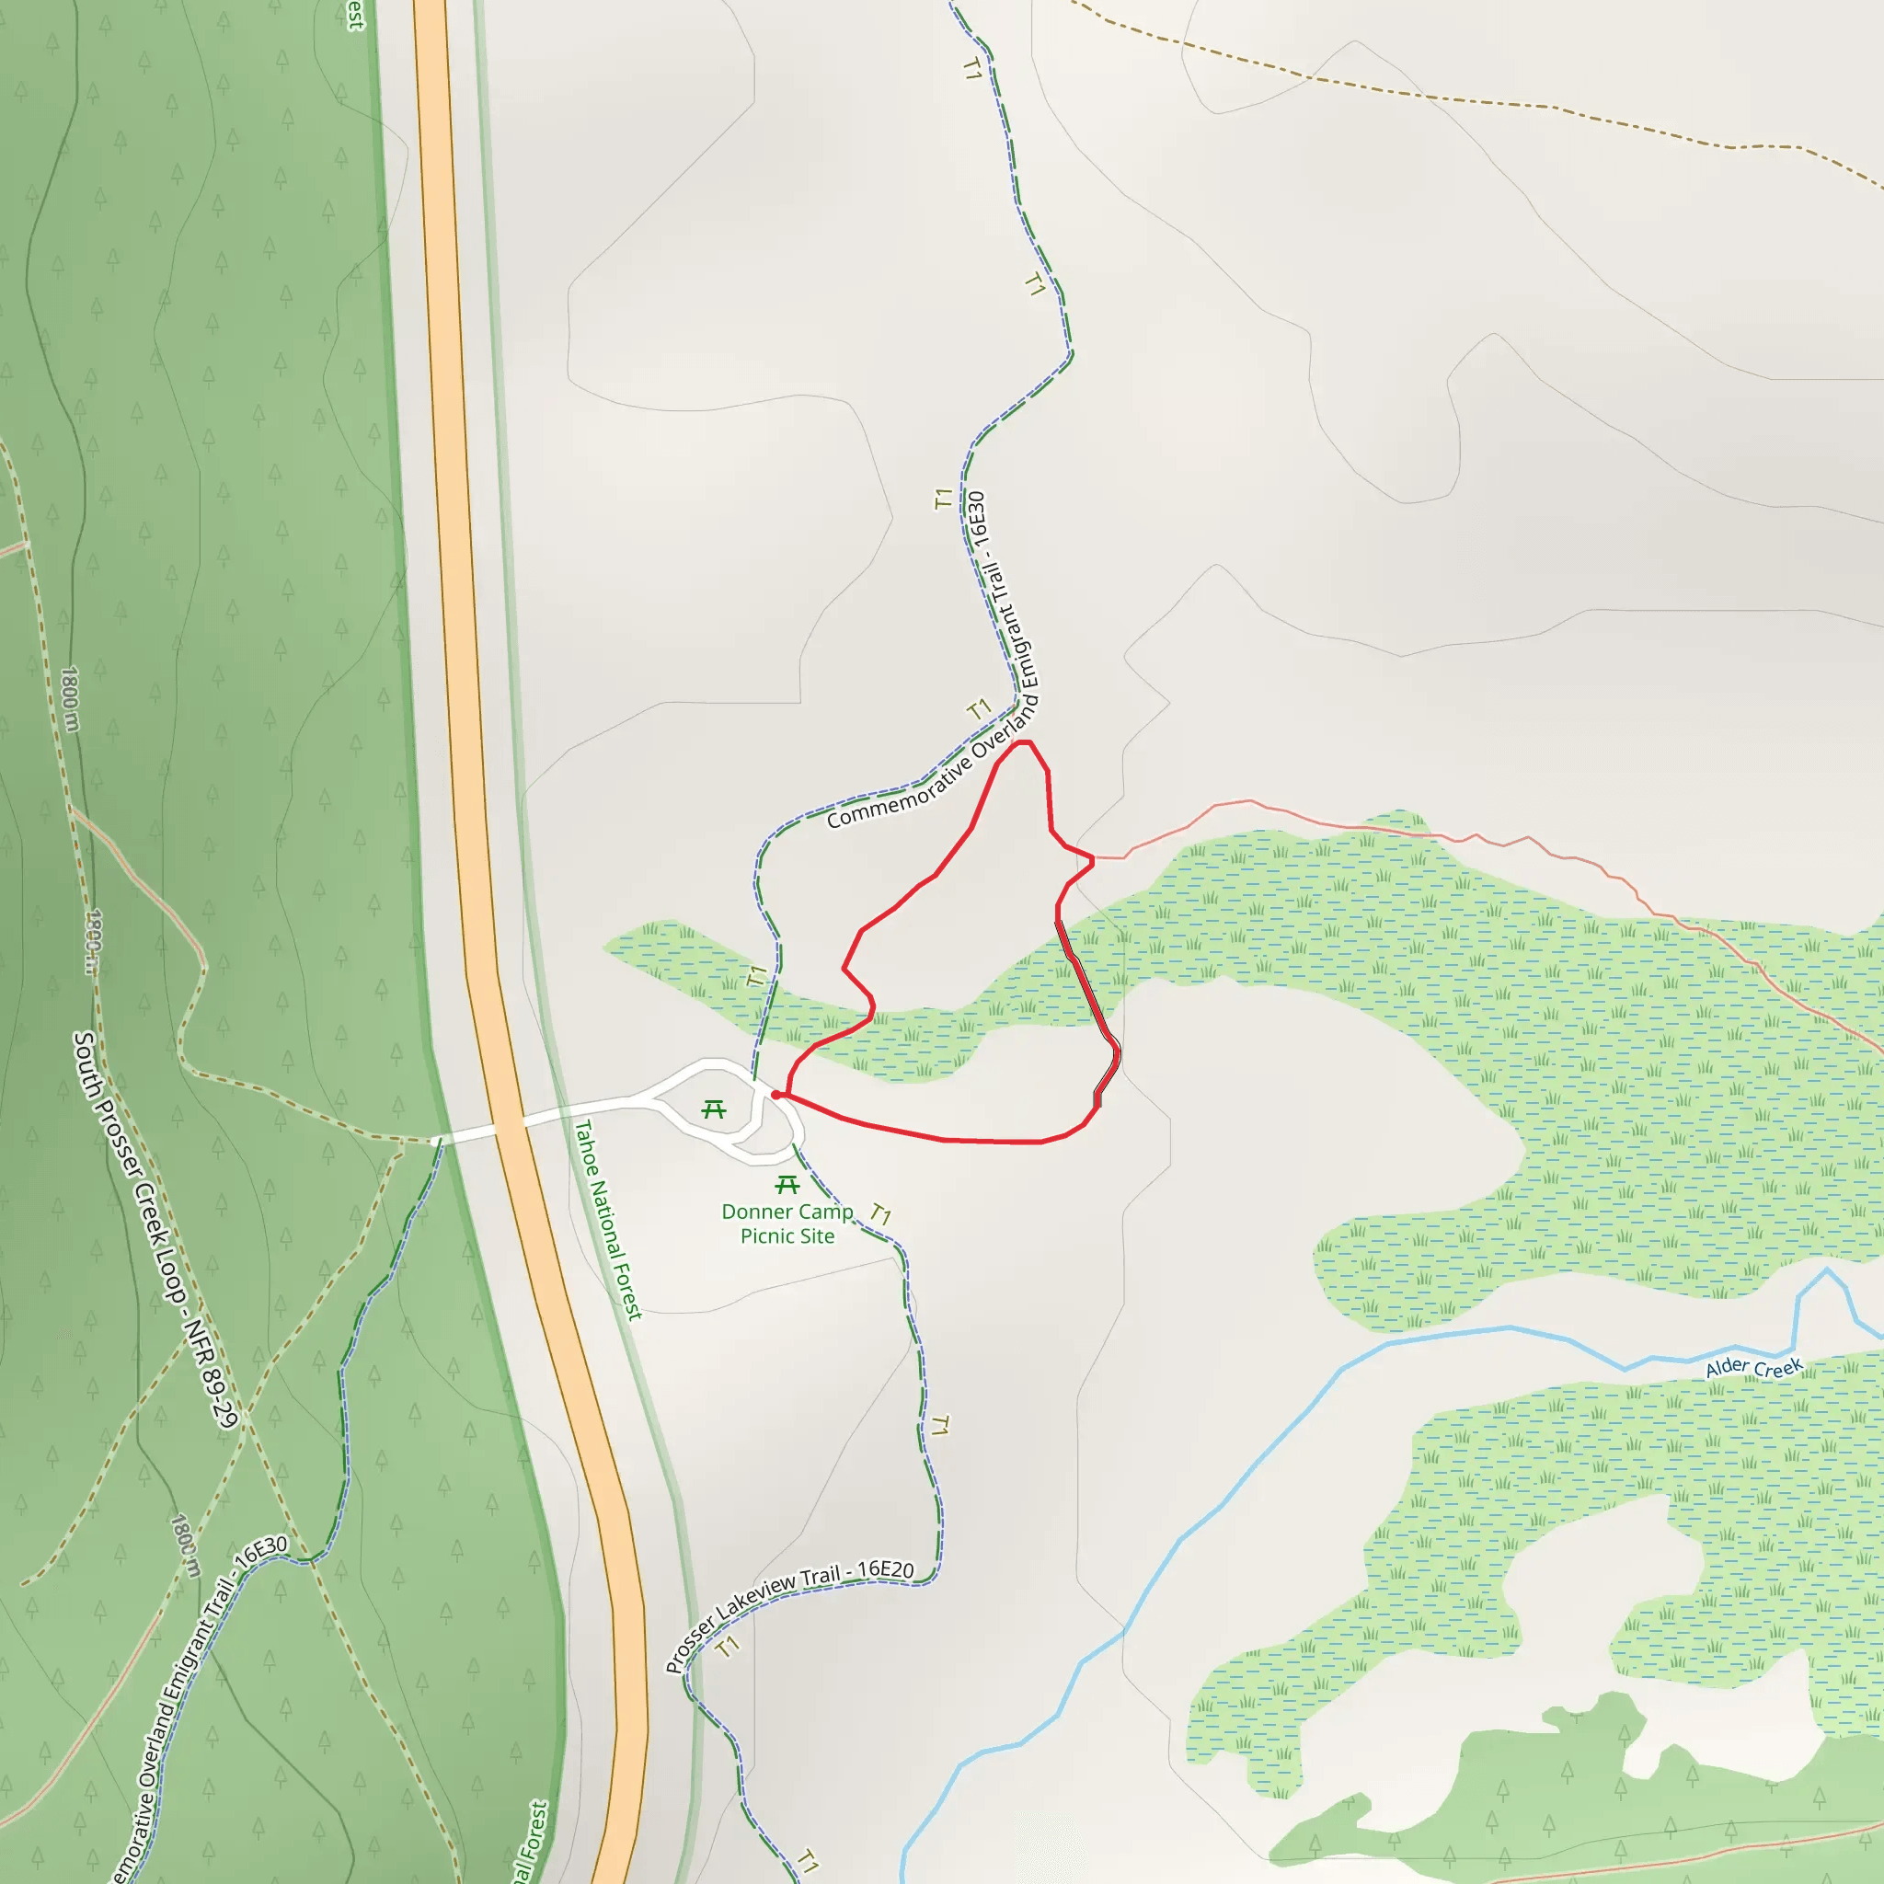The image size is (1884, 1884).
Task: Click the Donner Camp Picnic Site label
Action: pyautogui.click(x=787, y=1223)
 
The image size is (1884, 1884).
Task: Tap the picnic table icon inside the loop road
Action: pyautogui.click(x=714, y=1109)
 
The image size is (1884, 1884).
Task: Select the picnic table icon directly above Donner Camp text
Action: pyautogui.click(x=787, y=1185)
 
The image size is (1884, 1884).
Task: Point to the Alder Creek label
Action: pyautogui.click(x=1753, y=1367)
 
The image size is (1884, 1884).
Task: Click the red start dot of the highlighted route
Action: pyautogui.click(x=776, y=1095)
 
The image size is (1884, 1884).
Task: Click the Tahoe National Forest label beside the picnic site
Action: pyautogui.click(x=607, y=1219)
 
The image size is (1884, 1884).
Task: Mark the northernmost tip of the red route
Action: pyautogui.click(x=1023, y=742)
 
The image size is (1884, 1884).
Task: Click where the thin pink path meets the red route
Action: pyautogui.click(x=1093, y=859)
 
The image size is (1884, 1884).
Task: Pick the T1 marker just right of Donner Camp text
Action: pyautogui.click(x=880, y=1214)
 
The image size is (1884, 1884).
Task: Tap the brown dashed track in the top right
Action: pyautogui.click(x=1463, y=98)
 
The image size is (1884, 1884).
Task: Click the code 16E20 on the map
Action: pyautogui.click(x=886, y=1570)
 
